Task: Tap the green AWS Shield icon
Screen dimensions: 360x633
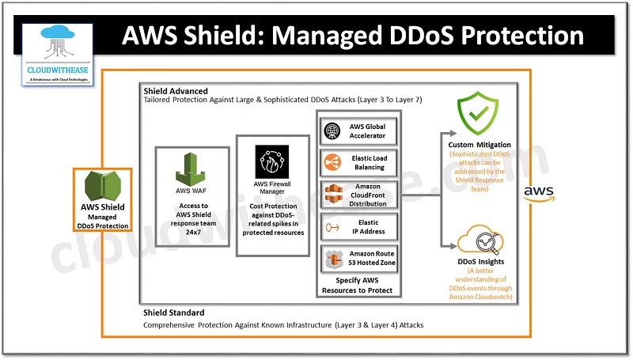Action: [102, 184]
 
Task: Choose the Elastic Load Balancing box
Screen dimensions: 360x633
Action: [358, 163]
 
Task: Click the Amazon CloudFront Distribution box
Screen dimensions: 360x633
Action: [358, 196]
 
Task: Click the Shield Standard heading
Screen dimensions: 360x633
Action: [173, 313]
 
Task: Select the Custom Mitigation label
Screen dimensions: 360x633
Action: [479, 145]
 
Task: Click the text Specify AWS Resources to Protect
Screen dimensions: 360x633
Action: [358, 286]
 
